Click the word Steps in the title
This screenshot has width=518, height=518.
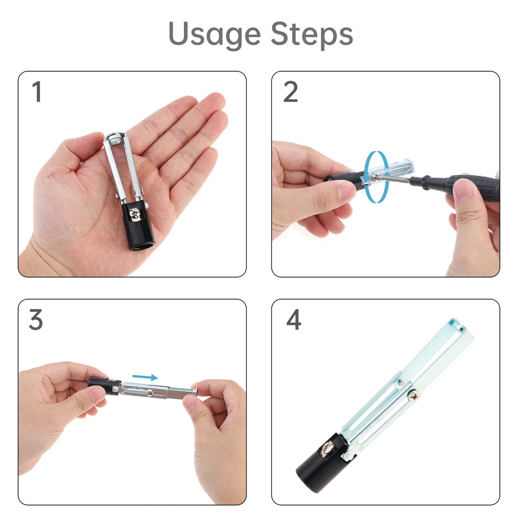coord(312,35)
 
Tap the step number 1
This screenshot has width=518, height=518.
coord(37,92)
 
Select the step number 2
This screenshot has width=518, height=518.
coord(291,92)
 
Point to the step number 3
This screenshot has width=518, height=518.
coord(36,319)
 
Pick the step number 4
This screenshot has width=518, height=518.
coord(294,319)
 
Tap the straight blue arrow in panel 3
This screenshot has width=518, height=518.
coord(145,377)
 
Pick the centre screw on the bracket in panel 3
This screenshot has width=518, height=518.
coord(150,393)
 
